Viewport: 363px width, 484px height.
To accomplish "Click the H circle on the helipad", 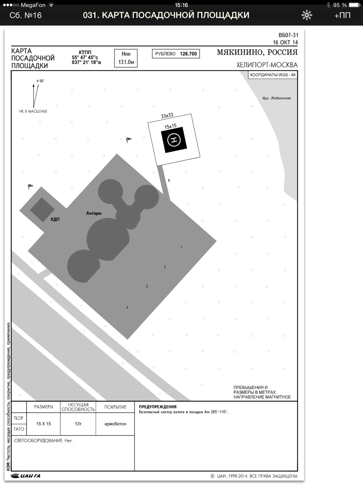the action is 174,140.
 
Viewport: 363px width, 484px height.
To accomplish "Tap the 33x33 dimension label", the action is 167,116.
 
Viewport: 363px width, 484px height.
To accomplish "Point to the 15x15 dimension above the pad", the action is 171,126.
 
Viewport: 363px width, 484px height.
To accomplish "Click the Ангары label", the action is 94,213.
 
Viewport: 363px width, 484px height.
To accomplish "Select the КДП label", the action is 55,219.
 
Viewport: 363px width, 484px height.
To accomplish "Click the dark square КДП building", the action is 42,210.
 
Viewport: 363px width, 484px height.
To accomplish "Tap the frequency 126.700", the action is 188,54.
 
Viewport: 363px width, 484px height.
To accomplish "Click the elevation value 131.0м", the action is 126,62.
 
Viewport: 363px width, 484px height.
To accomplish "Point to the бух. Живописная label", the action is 276,98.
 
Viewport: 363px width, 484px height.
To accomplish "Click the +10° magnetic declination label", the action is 40,81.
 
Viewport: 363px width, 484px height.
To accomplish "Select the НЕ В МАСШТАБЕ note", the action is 33,111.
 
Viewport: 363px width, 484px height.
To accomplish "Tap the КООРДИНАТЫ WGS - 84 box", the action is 273,75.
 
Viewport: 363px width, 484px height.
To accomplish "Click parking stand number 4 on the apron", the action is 127,307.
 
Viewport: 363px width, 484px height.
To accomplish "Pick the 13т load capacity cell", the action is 78,424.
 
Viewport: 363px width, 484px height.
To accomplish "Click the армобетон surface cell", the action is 115,424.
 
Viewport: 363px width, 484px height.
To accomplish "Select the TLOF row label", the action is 19,418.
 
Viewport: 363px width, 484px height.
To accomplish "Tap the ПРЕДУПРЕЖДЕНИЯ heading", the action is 158,407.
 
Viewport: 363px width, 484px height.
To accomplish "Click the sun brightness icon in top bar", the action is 307,15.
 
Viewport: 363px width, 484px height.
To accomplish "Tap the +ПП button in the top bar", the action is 342,15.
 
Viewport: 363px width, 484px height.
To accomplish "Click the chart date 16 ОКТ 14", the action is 286,42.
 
